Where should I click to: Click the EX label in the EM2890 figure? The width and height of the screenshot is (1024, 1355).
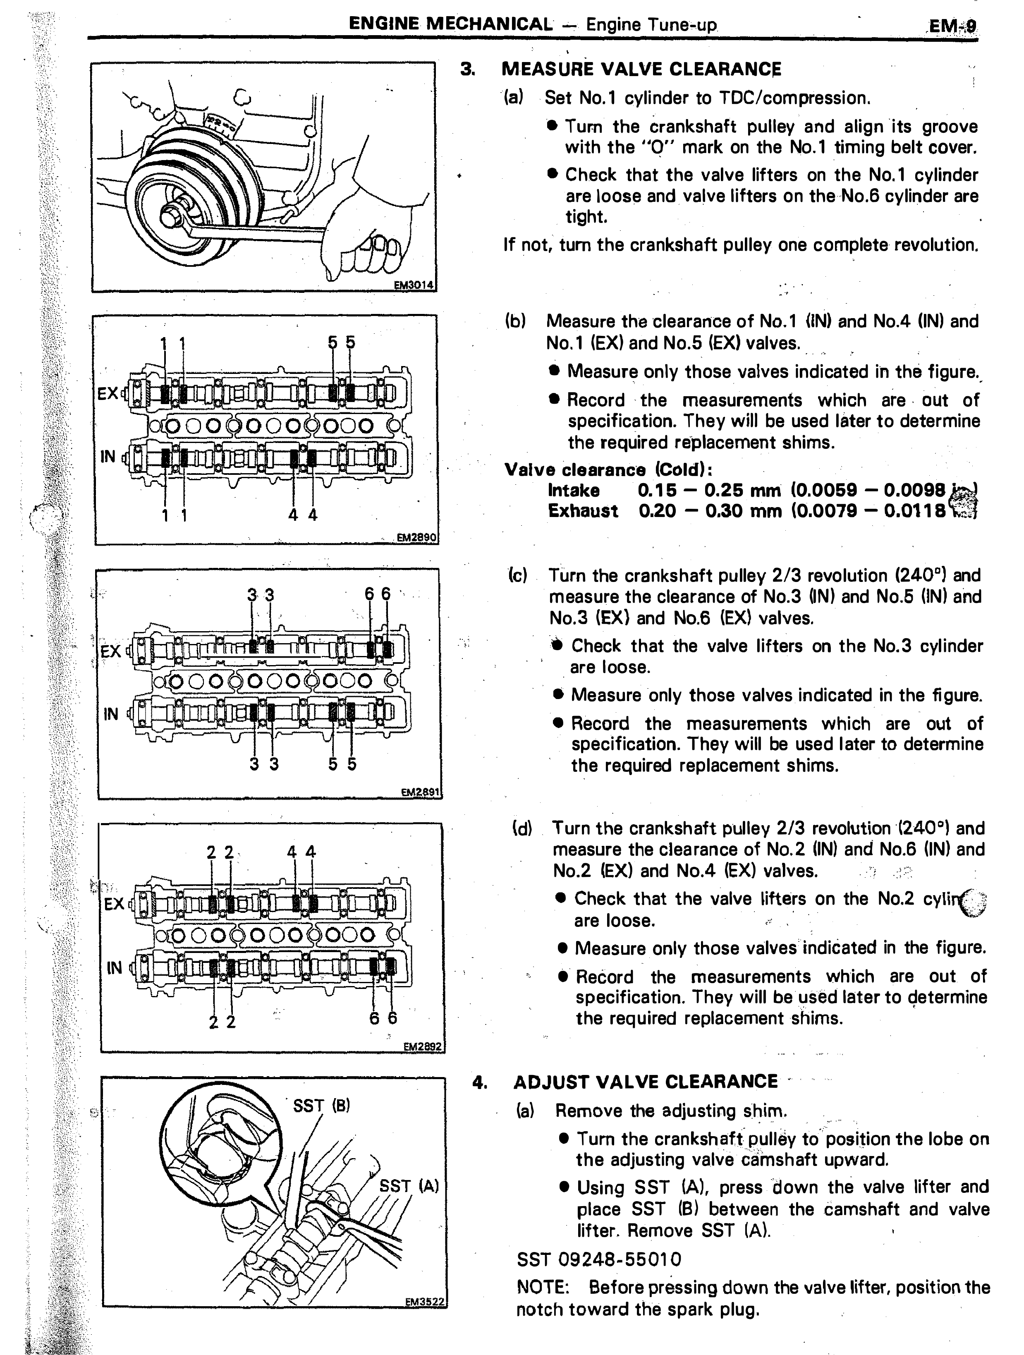point(108,393)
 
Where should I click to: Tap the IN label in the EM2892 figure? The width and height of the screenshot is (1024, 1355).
point(114,967)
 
